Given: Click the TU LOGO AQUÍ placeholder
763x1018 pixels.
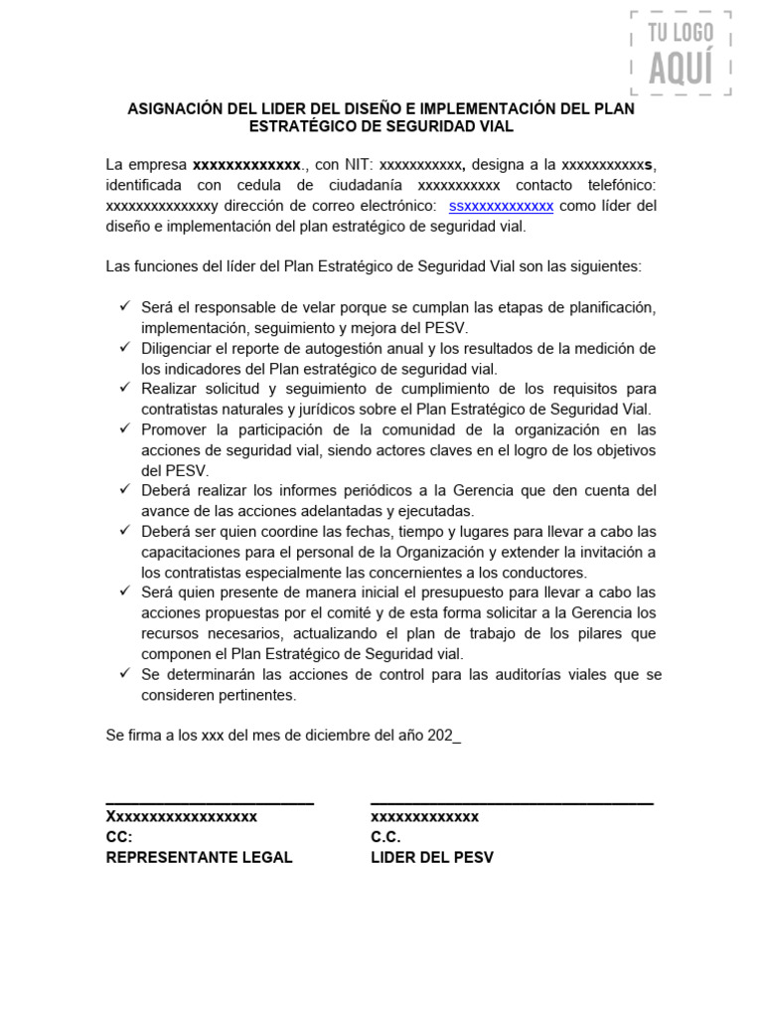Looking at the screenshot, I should pos(681,53).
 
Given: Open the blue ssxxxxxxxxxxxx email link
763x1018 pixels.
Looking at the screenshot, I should pos(501,206).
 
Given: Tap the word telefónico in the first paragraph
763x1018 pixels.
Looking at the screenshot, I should pos(616,185).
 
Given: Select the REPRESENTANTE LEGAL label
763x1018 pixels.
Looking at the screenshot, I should pos(199,857).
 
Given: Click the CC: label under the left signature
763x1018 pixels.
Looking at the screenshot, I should pos(119,837).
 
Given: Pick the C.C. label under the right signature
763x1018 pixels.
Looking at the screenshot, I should pos(385,837).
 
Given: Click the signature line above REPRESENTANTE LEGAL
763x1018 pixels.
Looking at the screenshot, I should pos(210,801).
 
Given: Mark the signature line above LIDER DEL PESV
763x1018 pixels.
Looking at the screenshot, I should pos(512,801).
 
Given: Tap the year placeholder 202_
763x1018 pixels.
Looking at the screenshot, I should pos(444,735).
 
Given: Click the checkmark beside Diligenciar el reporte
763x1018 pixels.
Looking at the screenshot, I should pos(124,348).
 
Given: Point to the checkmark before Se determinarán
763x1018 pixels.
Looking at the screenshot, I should pos(124,674).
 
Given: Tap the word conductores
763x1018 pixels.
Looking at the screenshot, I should pos(545,572).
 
